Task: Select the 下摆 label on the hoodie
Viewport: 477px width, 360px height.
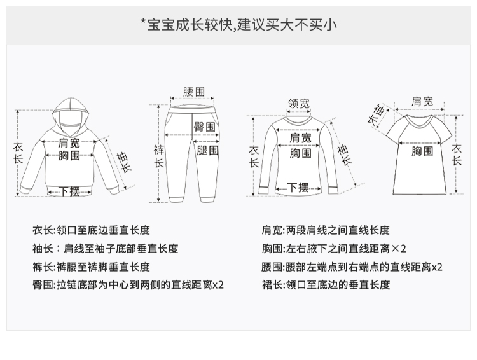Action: pos(69,191)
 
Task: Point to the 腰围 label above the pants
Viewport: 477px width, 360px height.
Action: pos(193,92)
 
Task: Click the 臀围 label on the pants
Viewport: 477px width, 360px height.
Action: pos(204,127)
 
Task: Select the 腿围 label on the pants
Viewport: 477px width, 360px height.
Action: pos(207,151)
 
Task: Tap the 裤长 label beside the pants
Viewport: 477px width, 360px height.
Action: pos(159,156)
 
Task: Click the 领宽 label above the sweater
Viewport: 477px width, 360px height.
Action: pos(298,104)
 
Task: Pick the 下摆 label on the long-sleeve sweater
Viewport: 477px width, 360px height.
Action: pos(298,187)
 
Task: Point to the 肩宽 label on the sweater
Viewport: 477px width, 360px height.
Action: pos(300,138)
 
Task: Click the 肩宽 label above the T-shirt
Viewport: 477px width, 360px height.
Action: pos(422,101)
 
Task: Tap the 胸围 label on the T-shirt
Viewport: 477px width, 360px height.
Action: pos(422,151)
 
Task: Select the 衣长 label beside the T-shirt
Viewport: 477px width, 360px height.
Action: pos(457,155)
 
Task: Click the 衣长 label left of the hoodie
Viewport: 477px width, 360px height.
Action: pos(18,153)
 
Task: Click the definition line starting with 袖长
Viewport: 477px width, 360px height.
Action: pos(106,249)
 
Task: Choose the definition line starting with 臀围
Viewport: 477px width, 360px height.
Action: pos(128,284)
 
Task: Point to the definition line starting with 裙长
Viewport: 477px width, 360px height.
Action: pos(326,284)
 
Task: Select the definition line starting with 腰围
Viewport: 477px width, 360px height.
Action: pos(352,267)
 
